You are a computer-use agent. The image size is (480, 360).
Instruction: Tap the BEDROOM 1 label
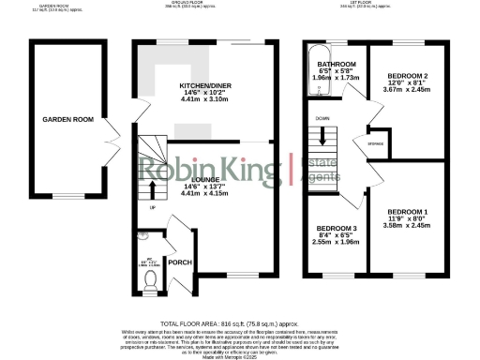pos(406,212)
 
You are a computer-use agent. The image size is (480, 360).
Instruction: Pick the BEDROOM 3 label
pos(335,229)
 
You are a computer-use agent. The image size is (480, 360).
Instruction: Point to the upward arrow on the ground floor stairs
pos(152,193)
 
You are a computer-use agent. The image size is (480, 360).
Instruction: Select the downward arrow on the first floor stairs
pos(323,135)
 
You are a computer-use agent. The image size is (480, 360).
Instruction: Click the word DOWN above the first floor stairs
pos(322,119)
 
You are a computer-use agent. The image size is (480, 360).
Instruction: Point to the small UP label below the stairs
pos(151,209)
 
